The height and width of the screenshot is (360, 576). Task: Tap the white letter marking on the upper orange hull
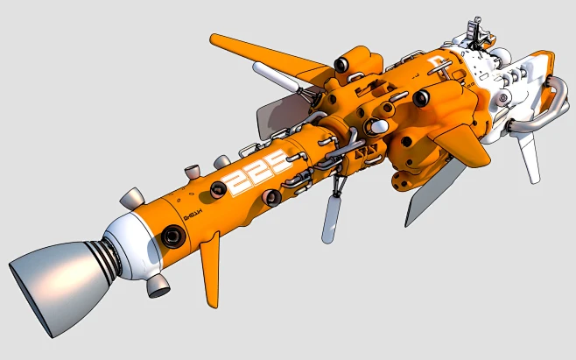[x=437, y=62]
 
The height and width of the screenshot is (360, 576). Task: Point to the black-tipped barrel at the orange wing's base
[x=344, y=64]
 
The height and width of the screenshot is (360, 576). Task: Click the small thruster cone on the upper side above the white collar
[x=131, y=198]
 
